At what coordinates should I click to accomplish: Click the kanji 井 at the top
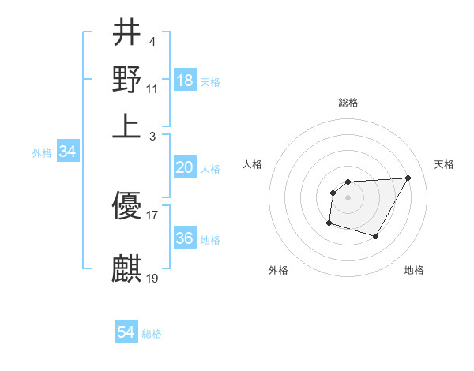click(x=127, y=33)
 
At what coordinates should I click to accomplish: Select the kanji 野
click(x=127, y=79)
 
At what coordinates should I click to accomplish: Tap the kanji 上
click(x=127, y=126)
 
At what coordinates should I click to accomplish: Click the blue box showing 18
click(x=185, y=81)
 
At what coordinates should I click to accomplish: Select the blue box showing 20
click(x=185, y=167)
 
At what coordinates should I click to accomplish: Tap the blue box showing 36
click(x=185, y=238)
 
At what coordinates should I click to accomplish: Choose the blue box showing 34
click(x=67, y=152)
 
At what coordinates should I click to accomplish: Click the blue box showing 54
click(x=126, y=332)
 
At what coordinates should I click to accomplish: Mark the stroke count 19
click(x=152, y=277)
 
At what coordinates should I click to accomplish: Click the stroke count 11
click(x=152, y=88)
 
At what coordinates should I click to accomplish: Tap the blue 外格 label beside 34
click(x=42, y=153)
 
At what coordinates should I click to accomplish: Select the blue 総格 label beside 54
click(x=152, y=334)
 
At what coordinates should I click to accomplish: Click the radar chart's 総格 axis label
click(x=348, y=103)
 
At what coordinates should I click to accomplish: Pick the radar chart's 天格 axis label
click(x=444, y=164)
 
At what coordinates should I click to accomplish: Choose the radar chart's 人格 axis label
click(x=252, y=164)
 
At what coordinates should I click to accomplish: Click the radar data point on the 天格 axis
click(x=408, y=178)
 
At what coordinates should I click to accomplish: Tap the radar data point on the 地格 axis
click(x=376, y=236)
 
